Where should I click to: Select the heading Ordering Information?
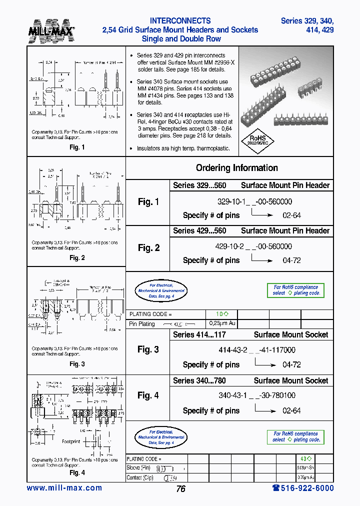point(236,168)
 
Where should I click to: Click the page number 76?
point(180,489)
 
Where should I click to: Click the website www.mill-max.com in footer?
point(64,488)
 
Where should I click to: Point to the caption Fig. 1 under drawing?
point(76,147)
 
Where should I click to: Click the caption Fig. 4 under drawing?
point(77,472)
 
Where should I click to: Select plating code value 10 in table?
point(222,314)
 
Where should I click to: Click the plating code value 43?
point(306,458)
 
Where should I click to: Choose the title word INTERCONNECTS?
point(180,21)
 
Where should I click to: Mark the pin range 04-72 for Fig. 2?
point(291,260)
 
